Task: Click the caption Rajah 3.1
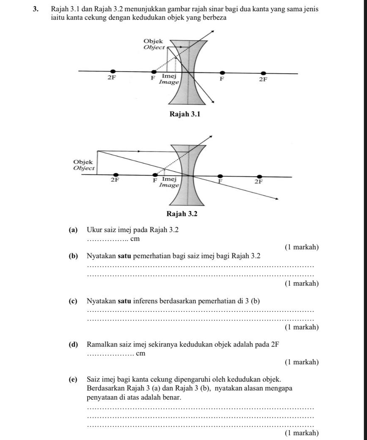(x=182, y=114)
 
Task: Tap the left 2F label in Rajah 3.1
(x=112, y=78)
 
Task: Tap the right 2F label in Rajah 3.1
(x=263, y=79)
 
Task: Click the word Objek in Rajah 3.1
(x=153, y=41)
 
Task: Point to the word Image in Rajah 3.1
(x=169, y=82)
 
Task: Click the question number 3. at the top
(x=37, y=9)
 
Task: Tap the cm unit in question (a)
(x=134, y=239)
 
